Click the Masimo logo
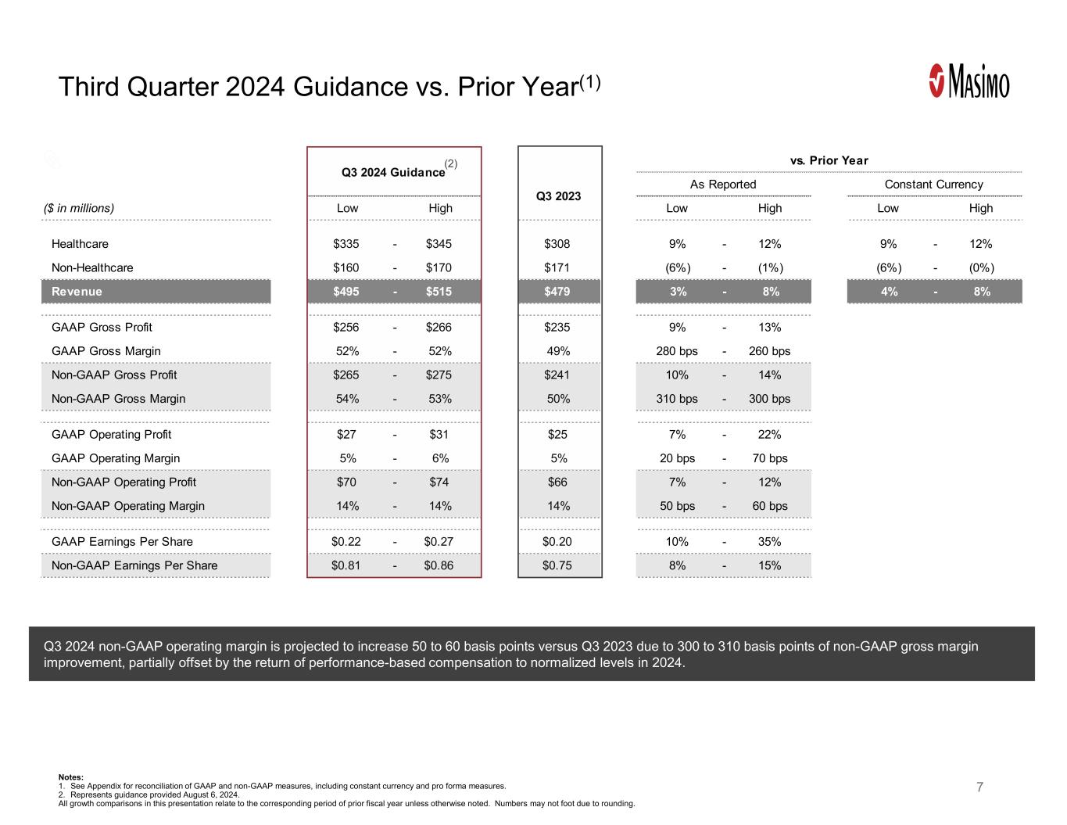(x=969, y=81)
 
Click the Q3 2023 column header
(x=558, y=195)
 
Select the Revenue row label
(x=77, y=292)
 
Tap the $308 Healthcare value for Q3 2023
(x=557, y=244)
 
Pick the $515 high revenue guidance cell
(x=439, y=292)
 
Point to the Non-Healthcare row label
(x=92, y=267)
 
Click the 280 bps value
(x=677, y=351)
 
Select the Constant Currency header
(x=933, y=185)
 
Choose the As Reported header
(x=723, y=185)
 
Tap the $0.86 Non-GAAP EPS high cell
(x=439, y=565)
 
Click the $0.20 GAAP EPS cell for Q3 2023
(x=557, y=542)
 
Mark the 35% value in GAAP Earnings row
(x=769, y=542)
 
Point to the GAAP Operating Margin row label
(x=116, y=458)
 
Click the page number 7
(x=979, y=787)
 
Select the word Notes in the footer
(x=70, y=777)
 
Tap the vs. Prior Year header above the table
(x=829, y=160)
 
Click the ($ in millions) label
(x=79, y=208)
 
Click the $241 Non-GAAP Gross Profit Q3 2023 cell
(x=557, y=375)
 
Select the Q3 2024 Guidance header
(x=393, y=172)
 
